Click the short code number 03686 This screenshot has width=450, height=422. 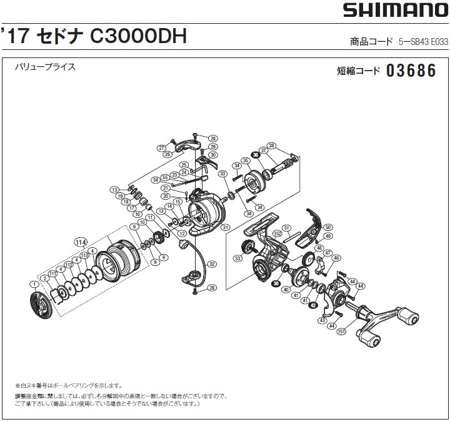411,70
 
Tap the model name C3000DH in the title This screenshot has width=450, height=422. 139,36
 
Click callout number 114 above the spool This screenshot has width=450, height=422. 79,242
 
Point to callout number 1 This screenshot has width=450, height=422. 32,285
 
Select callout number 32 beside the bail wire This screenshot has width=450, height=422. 212,264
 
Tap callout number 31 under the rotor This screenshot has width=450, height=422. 225,227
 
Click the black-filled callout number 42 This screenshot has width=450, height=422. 312,305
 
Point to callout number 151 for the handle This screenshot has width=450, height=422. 341,331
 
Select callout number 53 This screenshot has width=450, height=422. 237,258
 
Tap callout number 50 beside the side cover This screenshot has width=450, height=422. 329,227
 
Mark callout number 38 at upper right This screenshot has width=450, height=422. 271,145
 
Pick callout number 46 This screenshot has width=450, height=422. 336,257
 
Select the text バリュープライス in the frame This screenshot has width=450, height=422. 45,67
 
